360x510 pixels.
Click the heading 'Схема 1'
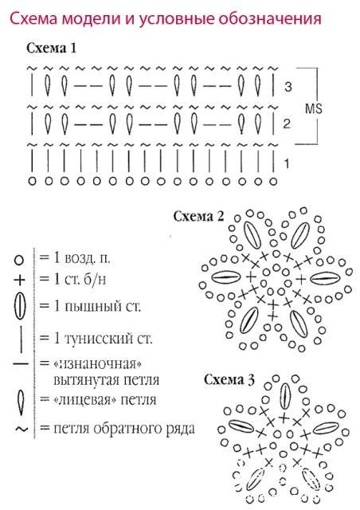coord(51,48)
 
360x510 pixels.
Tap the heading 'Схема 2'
coord(198,216)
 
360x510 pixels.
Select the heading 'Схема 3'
coord(229,379)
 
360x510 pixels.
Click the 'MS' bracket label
coord(314,108)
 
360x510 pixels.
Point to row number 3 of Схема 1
coord(288,87)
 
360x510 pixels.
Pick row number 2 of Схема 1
coord(287,124)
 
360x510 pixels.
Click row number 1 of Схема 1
coord(287,163)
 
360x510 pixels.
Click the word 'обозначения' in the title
coord(269,19)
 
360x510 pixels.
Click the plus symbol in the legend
coord(19,280)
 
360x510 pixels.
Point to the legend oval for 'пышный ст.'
coord(20,306)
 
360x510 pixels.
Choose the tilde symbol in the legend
coord(22,430)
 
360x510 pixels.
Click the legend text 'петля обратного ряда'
coord(124,429)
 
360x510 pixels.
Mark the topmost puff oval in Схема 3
coord(285,396)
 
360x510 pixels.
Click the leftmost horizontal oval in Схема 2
coord(226,277)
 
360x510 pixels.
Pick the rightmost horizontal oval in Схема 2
coord(325,278)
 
